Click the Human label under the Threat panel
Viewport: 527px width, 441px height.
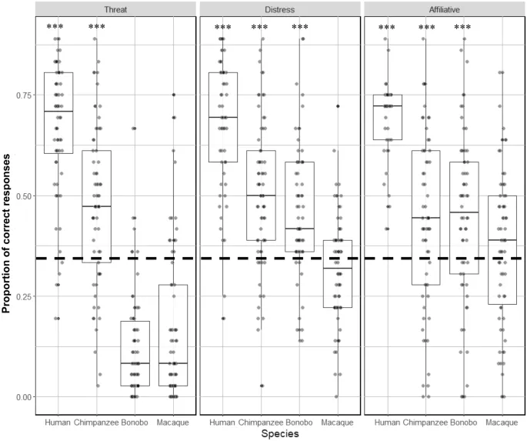58,422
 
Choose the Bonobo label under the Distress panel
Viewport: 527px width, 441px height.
299,422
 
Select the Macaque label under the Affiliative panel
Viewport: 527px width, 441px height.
502,422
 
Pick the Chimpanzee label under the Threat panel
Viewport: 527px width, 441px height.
97,422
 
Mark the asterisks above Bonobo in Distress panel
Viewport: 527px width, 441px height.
299,28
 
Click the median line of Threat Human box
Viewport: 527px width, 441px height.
58,112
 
